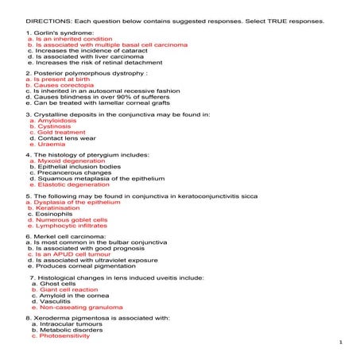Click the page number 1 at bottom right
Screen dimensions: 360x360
(x=339, y=343)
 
